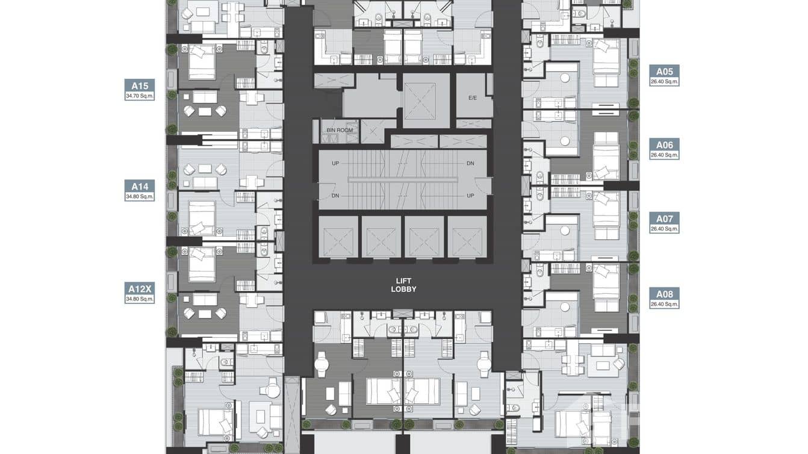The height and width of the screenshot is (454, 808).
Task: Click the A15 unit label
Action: click(140, 85)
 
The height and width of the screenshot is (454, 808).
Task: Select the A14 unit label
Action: click(140, 186)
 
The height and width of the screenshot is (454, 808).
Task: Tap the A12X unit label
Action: click(140, 288)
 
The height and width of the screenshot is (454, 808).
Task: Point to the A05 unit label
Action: click(664, 70)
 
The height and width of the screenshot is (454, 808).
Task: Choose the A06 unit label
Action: click(664, 145)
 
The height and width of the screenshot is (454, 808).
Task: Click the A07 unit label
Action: click(664, 219)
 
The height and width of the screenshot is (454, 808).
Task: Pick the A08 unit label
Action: click(664, 294)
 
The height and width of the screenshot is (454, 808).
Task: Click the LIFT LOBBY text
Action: click(403, 285)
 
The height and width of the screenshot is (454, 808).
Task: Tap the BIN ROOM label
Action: click(339, 129)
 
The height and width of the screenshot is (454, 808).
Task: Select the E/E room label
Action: click(473, 98)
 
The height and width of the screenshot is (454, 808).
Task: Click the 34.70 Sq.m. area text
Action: click(140, 95)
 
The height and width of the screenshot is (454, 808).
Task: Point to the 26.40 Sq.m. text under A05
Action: click(664, 81)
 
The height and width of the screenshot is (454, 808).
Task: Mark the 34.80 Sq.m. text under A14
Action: click(140, 196)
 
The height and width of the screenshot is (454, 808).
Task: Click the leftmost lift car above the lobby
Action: click(338, 237)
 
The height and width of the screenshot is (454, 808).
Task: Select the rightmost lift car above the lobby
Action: click(467, 237)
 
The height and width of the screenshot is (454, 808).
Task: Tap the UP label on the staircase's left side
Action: click(335, 163)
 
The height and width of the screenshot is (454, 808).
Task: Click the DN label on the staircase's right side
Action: click(470, 163)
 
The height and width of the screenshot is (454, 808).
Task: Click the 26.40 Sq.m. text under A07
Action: click(664, 229)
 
